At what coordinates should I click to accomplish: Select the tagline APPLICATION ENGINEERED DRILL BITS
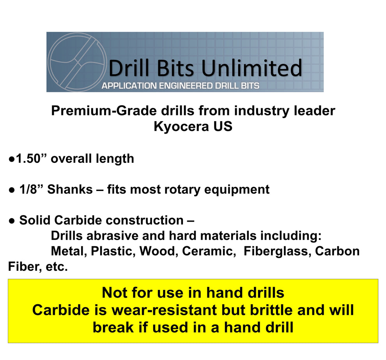(181, 86)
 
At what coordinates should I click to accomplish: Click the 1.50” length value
(29, 159)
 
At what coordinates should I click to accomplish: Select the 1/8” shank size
(31, 190)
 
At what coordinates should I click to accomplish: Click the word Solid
(35, 221)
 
